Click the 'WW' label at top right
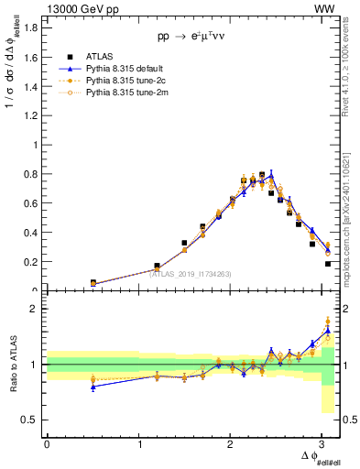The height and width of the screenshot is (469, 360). pos(326,8)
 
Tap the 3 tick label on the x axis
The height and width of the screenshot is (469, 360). pos(322,444)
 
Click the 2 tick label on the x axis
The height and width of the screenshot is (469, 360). pos(231,444)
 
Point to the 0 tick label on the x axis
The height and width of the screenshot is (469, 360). pos(47,444)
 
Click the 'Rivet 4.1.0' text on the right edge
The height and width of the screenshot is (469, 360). pos(351,64)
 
